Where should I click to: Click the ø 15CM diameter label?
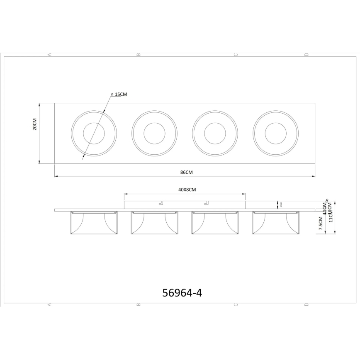119,95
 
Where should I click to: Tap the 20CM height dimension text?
35,124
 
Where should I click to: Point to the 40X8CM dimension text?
187,190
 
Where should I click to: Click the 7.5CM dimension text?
320,223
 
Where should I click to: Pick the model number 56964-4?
182,293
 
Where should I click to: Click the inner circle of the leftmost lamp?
94,134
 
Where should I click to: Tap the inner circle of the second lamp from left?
154,134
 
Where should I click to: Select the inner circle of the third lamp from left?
215,134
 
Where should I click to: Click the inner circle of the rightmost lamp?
275,134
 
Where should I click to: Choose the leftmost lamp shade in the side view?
94,224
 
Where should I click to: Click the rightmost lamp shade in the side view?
275,224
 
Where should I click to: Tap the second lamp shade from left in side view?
154,224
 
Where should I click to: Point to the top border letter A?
49,54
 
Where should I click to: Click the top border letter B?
139,54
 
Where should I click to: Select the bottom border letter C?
236,305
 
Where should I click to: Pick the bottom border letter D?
306,305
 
